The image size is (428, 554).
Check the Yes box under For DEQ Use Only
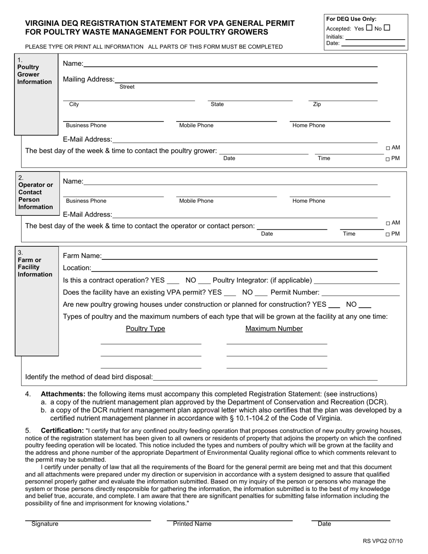click(x=369, y=28)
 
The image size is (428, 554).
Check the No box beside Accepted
click(x=387, y=28)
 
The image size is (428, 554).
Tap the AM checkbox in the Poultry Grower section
click(x=388, y=148)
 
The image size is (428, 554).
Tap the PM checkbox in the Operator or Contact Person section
click(x=388, y=234)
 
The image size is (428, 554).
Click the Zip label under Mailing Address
click(x=317, y=104)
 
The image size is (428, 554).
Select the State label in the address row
click(x=217, y=104)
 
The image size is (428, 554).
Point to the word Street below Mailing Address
click(x=127, y=87)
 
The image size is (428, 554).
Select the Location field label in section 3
click(x=77, y=268)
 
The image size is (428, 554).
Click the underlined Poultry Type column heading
click(x=145, y=329)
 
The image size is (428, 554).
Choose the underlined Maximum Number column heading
click(x=274, y=329)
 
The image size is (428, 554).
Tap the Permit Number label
click(x=295, y=292)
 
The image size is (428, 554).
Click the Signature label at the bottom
click(x=45, y=524)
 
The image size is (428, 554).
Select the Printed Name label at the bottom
click(x=192, y=524)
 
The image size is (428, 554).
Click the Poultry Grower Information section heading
click(x=34, y=74)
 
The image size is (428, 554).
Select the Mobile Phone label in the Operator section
click(x=196, y=201)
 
